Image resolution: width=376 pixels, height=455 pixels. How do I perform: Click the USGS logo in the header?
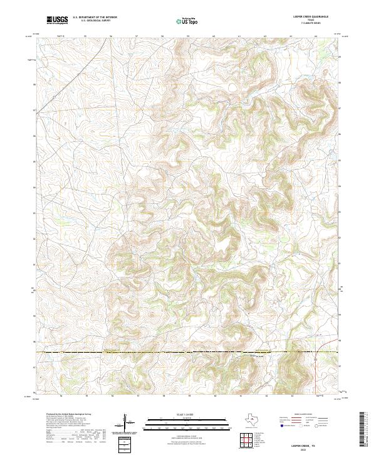[x=57, y=21]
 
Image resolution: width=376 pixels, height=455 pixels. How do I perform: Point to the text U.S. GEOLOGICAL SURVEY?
[x=95, y=22]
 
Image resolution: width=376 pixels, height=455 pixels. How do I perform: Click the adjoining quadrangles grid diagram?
[x=247, y=441]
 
